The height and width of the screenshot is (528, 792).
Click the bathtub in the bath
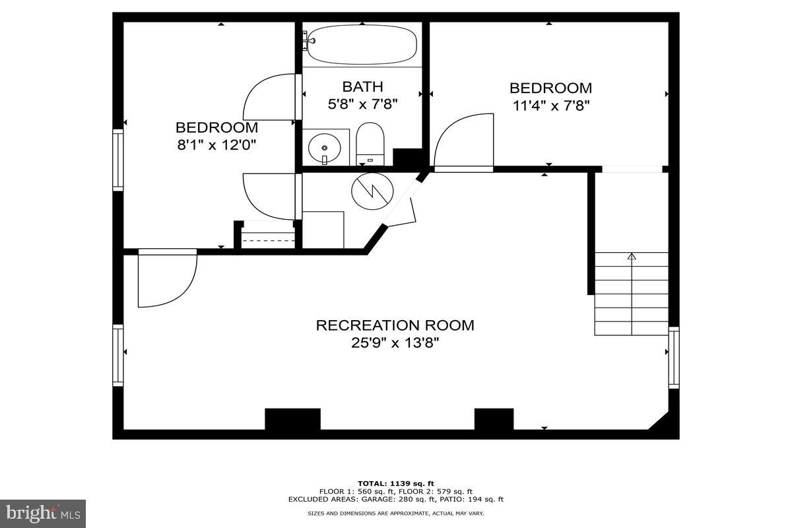tap(362, 45)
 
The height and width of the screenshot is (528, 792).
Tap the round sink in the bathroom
tap(324, 146)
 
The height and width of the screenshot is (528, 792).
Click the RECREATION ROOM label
tap(395, 325)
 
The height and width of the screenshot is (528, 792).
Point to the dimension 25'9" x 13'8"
tap(395, 343)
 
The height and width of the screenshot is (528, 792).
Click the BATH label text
tap(362, 86)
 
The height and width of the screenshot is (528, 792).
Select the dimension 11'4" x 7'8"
tap(550, 105)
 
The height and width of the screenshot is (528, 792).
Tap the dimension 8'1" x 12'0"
tap(216, 145)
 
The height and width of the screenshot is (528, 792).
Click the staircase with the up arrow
tap(632, 294)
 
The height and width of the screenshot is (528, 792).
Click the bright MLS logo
tap(43, 513)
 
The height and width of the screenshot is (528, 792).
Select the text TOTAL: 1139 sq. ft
tap(396, 483)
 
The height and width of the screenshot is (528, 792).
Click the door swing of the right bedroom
tap(463, 142)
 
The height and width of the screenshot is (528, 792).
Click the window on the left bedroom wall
tap(118, 160)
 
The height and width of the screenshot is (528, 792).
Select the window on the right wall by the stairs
tap(674, 357)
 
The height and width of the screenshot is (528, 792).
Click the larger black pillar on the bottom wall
tap(292, 419)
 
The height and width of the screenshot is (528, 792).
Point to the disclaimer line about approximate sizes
tap(396, 513)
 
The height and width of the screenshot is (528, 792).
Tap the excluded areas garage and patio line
tap(396, 499)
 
